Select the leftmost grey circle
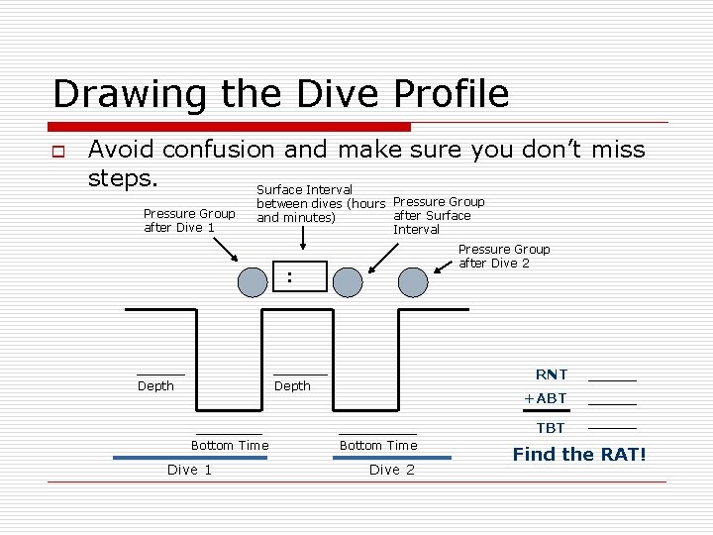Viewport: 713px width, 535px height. (x=254, y=282)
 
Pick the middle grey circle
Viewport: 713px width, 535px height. (x=348, y=282)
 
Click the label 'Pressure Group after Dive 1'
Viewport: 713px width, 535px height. (x=188, y=220)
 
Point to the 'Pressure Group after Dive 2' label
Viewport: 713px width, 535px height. (x=503, y=256)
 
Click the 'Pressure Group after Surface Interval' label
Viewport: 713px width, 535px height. (x=438, y=215)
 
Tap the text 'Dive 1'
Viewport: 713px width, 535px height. (x=189, y=470)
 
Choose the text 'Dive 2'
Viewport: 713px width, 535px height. (x=391, y=470)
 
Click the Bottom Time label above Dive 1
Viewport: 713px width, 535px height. (x=230, y=446)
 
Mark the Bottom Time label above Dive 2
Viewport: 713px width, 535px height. (x=378, y=446)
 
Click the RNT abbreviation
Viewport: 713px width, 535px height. (x=551, y=374)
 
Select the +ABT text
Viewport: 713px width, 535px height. (x=545, y=398)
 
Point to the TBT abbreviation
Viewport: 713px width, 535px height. (x=551, y=428)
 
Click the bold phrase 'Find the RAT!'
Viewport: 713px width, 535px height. (x=578, y=455)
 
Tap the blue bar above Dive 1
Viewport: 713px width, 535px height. (x=189, y=458)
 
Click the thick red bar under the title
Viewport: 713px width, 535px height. (x=230, y=127)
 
